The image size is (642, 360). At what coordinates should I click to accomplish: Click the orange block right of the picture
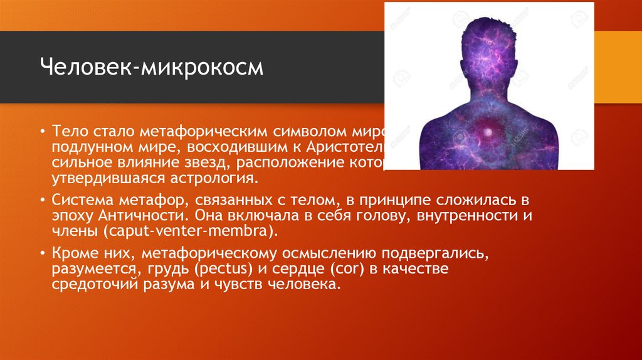(618, 66)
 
